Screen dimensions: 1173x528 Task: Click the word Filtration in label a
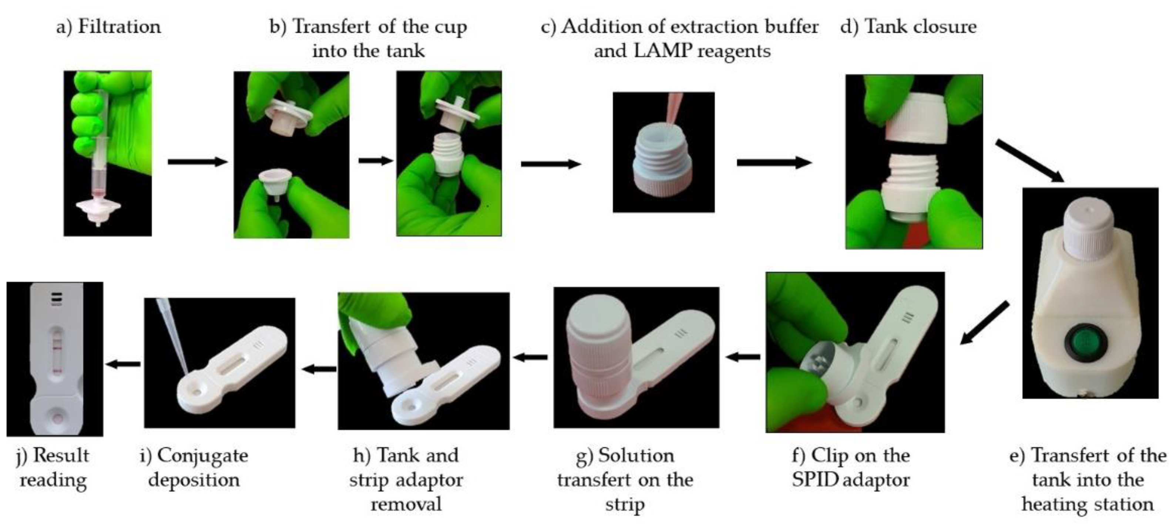pyautogui.click(x=119, y=26)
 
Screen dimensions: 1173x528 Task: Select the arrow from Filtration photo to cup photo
pyautogui.click(x=198, y=162)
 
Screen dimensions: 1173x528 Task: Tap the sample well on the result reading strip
pyautogui.click(x=57, y=417)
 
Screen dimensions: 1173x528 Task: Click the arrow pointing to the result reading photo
pyautogui.click(x=123, y=363)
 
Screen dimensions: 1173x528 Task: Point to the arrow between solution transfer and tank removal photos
pyautogui.click(x=531, y=357)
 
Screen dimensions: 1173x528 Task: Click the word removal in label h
pyautogui.click(x=406, y=504)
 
